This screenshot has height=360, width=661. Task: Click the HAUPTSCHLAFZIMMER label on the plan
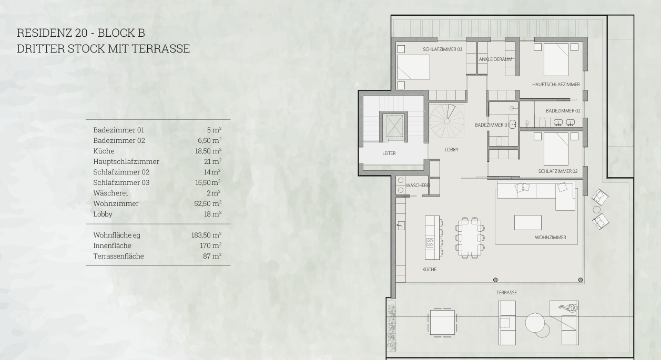click(x=556, y=85)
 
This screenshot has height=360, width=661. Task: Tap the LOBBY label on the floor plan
click(x=452, y=150)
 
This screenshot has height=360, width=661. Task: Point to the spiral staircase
click(x=447, y=121)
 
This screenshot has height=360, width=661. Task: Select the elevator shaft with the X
click(x=394, y=126)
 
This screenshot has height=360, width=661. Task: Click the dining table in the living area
click(x=470, y=238)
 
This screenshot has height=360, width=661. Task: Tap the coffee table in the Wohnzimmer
click(x=528, y=222)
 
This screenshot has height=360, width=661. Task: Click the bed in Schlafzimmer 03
click(x=413, y=67)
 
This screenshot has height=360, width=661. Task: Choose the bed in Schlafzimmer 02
click(x=556, y=149)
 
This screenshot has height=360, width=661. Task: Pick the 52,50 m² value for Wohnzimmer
click(x=208, y=203)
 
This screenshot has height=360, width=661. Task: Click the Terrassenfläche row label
click(x=119, y=256)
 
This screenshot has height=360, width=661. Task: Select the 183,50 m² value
click(x=206, y=235)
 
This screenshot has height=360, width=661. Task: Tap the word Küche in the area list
click(x=104, y=151)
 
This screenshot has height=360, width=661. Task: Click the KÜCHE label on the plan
click(x=429, y=270)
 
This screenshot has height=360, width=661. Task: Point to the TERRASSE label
click(x=506, y=293)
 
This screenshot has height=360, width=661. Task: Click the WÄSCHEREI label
click(x=418, y=186)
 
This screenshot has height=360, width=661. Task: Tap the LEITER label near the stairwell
click(x=389, y=153)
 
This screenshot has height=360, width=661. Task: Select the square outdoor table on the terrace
click(x=442, y=322)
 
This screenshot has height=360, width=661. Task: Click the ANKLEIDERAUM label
click(x=495, y=59)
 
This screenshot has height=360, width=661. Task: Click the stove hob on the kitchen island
click(x=430, y=243)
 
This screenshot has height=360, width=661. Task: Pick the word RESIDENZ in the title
click(x=45, y=33)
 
